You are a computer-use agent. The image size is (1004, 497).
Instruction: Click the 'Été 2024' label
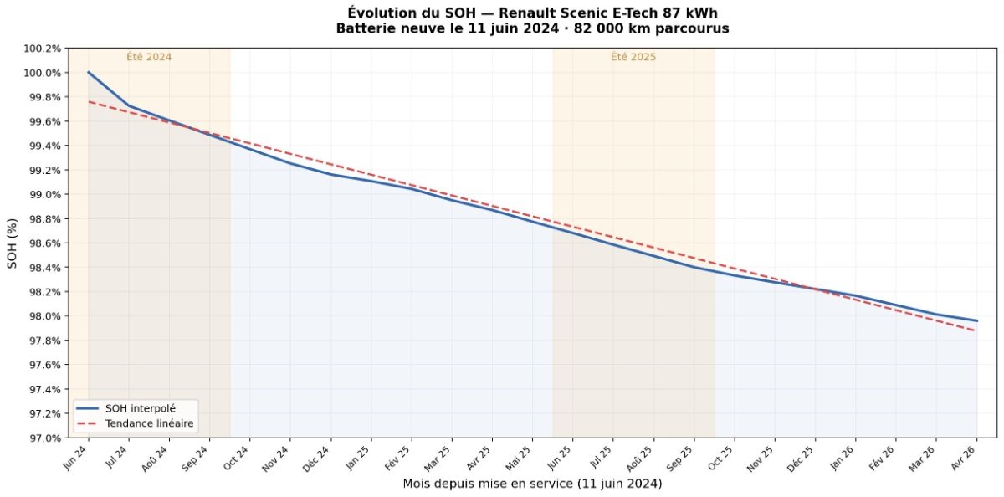click(x=149, y=57)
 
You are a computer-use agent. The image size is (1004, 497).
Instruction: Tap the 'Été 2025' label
click(x=633, y=57)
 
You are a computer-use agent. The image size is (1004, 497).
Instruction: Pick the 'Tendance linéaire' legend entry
click(x=150, y=424)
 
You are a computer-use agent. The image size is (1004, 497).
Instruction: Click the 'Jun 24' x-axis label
click(x=77, y=459)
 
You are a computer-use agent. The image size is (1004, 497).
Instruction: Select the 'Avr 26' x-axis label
click(x=966, y=459)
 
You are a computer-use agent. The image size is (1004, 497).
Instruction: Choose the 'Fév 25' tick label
click(x=400, y=459)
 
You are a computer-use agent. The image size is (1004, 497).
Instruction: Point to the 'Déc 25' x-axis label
click(x=803, y=459)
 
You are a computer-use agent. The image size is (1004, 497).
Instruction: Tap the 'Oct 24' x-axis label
click(x=238, y=459)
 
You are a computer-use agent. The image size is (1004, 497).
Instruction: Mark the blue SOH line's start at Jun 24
click(x=88, y=73)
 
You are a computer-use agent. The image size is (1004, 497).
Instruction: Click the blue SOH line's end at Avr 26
click(x=976, y=320)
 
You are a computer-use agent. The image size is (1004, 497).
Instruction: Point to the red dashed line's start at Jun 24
click(x=88, y=101)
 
